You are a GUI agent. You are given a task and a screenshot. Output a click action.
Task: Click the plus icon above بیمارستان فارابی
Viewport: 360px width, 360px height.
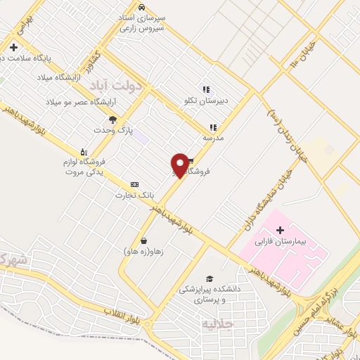(281, 230)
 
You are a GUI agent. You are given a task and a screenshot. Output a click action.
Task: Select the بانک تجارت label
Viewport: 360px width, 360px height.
(134, 194)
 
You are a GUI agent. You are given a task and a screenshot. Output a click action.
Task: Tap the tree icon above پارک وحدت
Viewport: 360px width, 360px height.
(112, 120)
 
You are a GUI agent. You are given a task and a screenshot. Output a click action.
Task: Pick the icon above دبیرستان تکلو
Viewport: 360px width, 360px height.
(206, 89)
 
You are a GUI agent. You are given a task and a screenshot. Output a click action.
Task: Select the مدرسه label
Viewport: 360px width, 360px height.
(213, 138)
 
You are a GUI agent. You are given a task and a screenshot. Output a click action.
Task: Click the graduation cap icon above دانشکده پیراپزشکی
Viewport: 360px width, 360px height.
(209, 278)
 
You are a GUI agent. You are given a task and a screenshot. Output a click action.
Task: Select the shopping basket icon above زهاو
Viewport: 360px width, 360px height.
(143, 240)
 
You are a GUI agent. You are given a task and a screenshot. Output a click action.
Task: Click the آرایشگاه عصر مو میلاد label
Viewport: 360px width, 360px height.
(75, 103)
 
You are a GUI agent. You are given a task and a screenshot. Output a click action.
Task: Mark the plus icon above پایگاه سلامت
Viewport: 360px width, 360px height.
(13, 48)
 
